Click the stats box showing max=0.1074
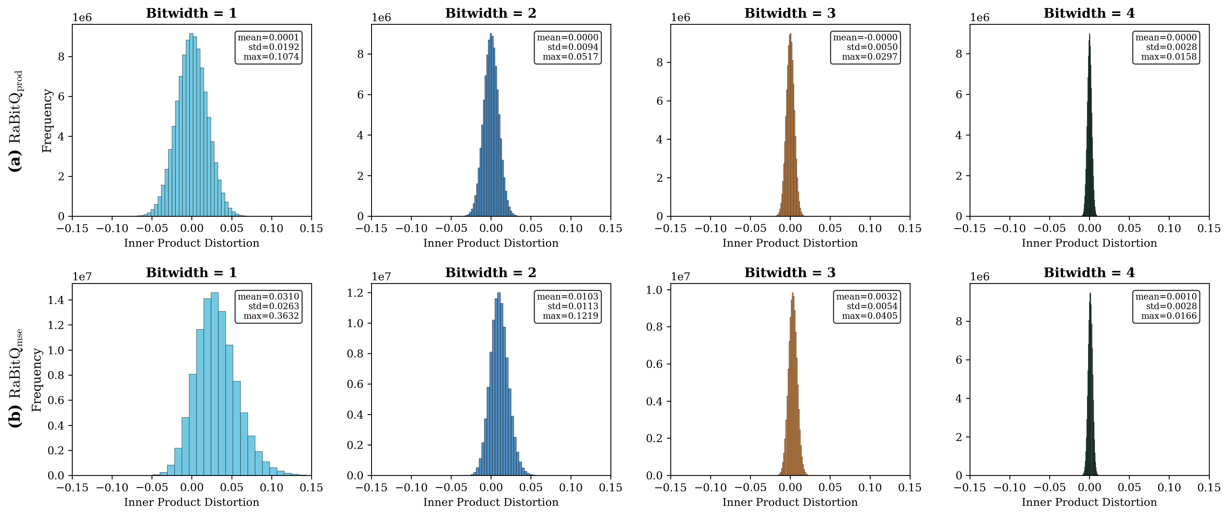coord(269,47)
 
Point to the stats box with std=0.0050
coord(865,47)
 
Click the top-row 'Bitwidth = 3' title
coord(790,13)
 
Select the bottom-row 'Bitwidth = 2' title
coord(491,272)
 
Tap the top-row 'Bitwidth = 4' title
coord(1089,13)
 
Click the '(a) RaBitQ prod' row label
coord(16,121)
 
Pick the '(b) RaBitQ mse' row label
coord(16,378)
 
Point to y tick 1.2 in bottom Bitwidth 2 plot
coord(355,293)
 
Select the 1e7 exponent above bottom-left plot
coord(82,277)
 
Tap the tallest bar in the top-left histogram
coord(191,125)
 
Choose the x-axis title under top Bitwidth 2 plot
coord(491,243)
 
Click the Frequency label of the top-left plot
coord(47,121)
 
